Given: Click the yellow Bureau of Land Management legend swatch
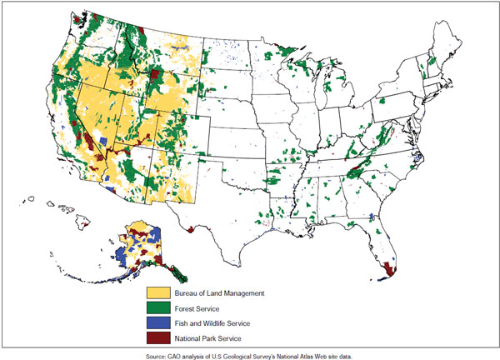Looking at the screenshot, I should (x=158, y=293).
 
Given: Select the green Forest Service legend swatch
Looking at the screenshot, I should (x=158, y=308).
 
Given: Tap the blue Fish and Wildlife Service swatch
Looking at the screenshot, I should (x=158, y=322).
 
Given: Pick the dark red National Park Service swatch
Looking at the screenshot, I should (x=158, y=337).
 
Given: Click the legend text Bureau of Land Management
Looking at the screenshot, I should (x=219, y=293).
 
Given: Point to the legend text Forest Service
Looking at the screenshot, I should (x=199, y=308).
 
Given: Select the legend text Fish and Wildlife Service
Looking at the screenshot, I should (x=212, y=322).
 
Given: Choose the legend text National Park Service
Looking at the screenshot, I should (x=207, y=337).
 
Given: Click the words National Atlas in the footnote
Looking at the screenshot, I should (x=297, y=355).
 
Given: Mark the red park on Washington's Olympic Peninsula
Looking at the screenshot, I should (x=77, y=20).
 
